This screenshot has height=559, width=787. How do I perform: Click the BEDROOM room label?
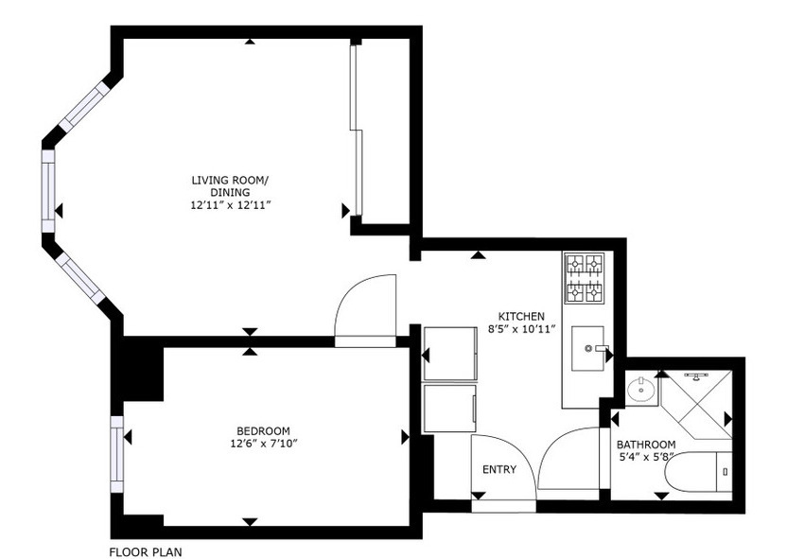263,431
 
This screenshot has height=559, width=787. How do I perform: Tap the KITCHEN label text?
521,317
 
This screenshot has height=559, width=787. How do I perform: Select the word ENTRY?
498,470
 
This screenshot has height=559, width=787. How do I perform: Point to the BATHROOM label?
645,445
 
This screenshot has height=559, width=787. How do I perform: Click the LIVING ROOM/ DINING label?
230,186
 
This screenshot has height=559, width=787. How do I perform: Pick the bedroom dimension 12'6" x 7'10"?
263,444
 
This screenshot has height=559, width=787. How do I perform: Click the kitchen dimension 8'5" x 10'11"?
521,329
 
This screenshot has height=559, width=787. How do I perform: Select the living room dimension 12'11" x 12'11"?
231,205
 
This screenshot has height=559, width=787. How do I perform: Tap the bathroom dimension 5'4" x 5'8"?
644,457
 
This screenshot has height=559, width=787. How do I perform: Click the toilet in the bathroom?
698,472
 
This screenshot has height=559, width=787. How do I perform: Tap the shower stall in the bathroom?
695,405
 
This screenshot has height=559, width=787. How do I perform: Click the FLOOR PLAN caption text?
146,552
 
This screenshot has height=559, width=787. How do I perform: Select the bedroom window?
117,455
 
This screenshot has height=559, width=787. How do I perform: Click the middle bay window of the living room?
47,192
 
